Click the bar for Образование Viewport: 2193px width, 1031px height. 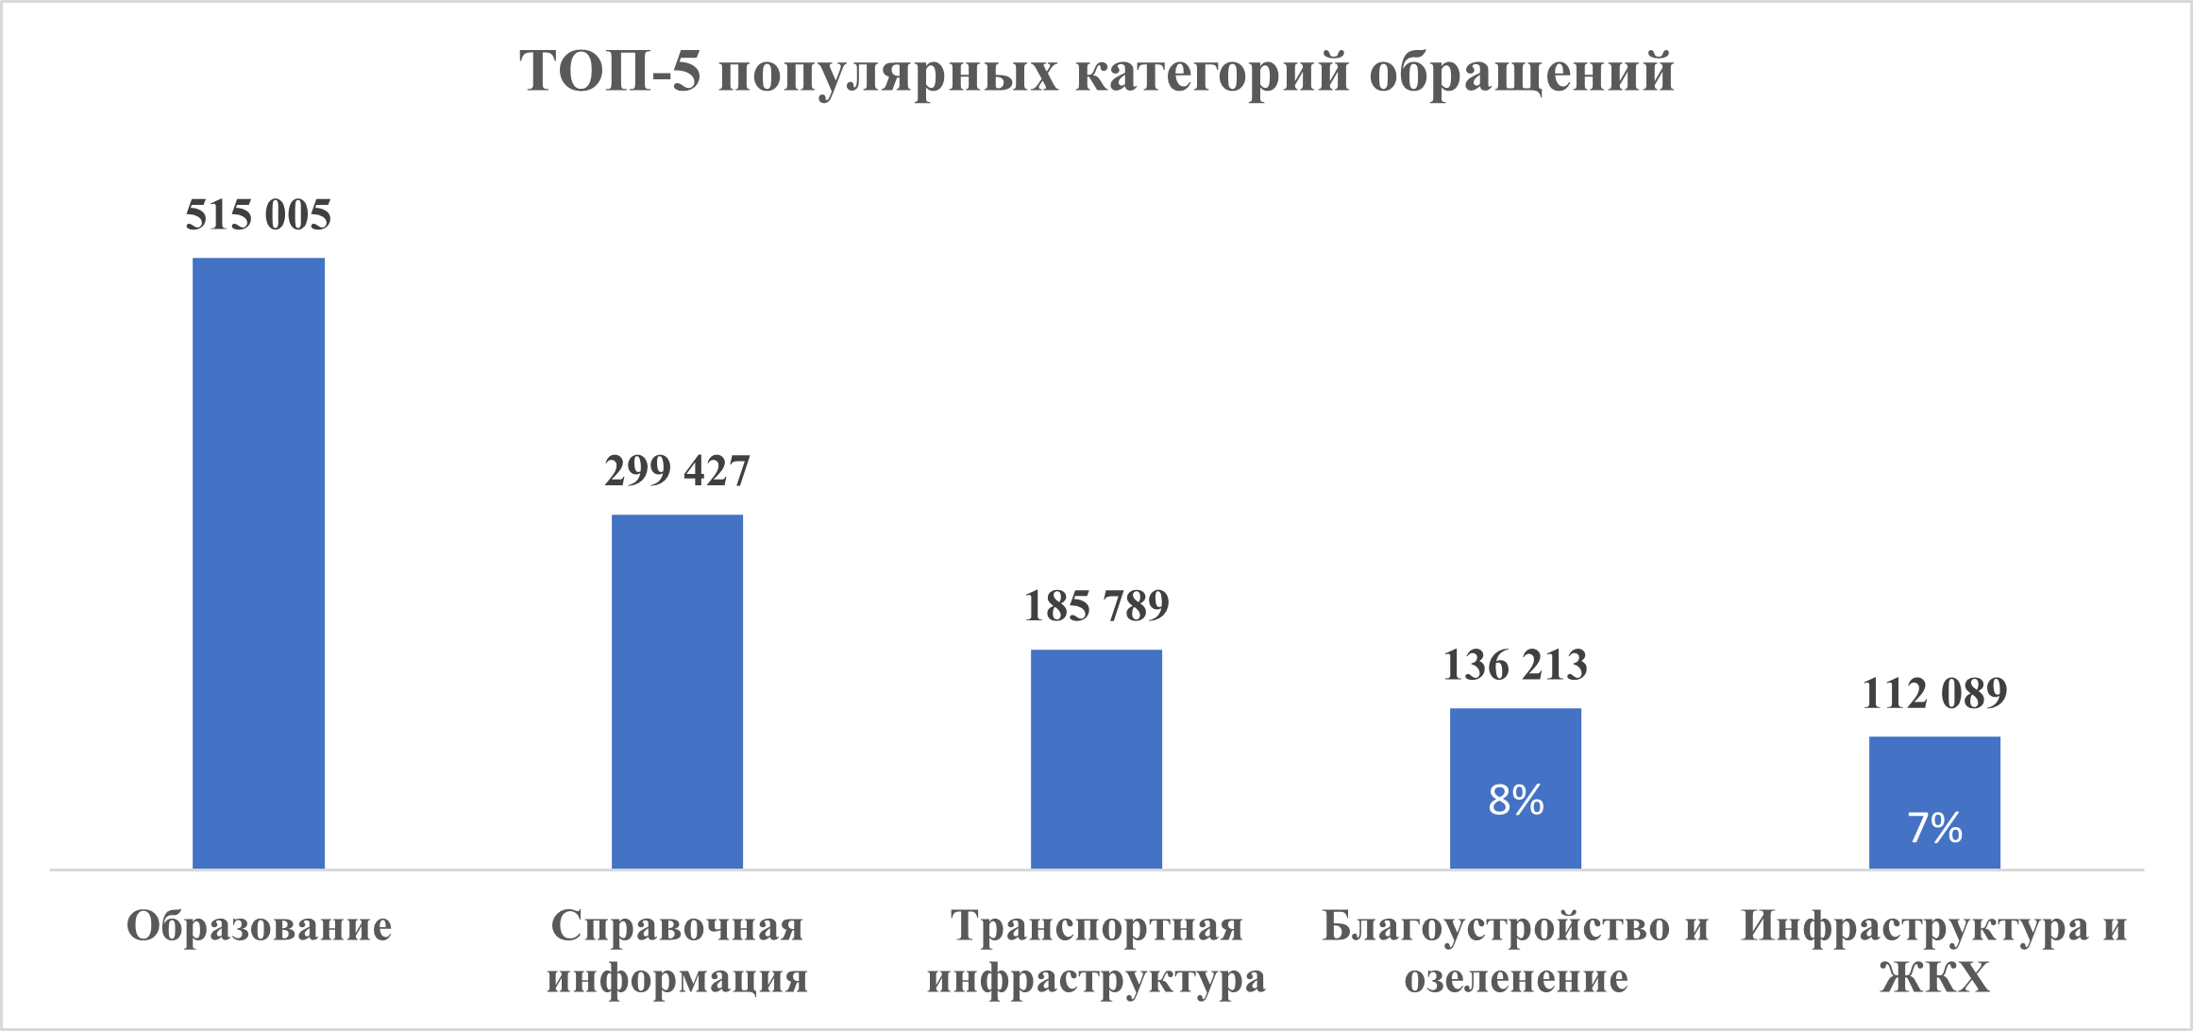(x=259, y=563)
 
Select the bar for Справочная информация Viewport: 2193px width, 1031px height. (x=677, y=691)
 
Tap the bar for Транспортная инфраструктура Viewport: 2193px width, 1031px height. (x=1096, y=758)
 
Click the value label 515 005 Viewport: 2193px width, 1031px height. (x=259, y=215)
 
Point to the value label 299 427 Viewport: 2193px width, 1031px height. (x=677, y=471)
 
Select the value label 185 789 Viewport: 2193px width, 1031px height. (x=1096, y=606)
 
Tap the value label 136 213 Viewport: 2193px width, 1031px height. (x=1515, y=666)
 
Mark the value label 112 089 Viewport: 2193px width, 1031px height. (x=1934, y=694)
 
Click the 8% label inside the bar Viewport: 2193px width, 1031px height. (x=1516, y=801)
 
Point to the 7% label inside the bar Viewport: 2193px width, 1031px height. (x=1934, y=828)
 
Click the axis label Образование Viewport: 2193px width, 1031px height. (x=259, y=926)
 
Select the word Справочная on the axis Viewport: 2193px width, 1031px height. (x=677, y=926)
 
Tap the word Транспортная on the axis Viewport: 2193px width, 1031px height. (x=1096, y=926)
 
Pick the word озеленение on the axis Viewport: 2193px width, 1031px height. (x=1516, y=978)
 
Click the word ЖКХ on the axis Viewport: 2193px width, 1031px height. (x=1934, y=978)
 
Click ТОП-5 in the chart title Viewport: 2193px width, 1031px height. (x=611, y=72)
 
